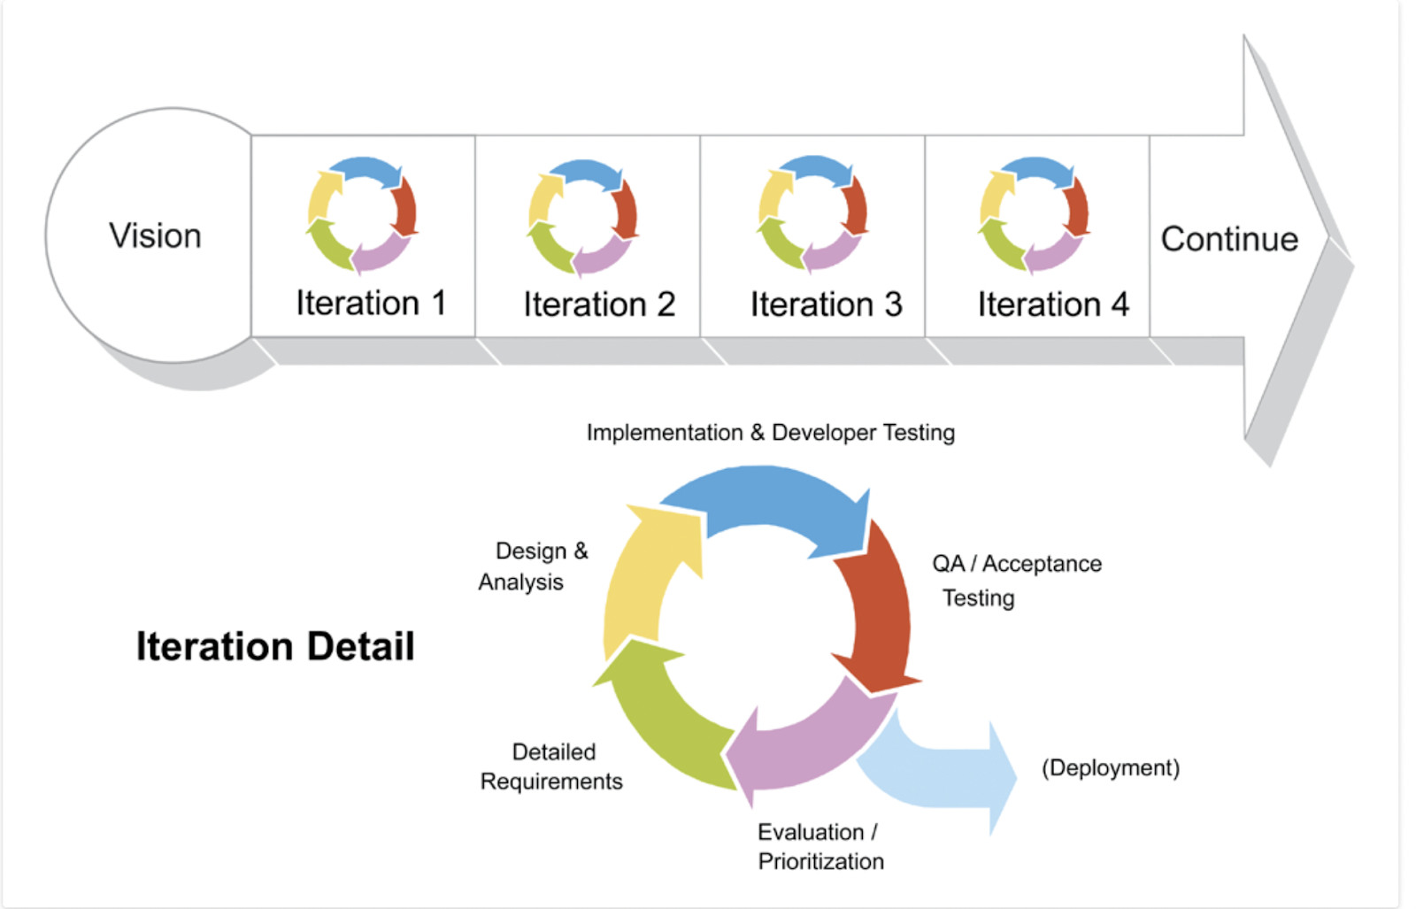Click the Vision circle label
(155, 236)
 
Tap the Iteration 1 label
(370, 303)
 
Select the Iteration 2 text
(598, 304)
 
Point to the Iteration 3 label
(826, 304)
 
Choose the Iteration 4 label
(1052, 304)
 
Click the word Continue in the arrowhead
(1228, 239)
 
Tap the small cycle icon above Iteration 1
(362, 214)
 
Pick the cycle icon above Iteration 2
(582, 217)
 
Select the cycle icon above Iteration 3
(812, 213)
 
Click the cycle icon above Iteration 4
(1033, 214)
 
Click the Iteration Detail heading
(275, 646)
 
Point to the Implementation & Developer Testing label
(770, 433)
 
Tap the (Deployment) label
(1110, 767)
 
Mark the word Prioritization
(820, 861)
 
